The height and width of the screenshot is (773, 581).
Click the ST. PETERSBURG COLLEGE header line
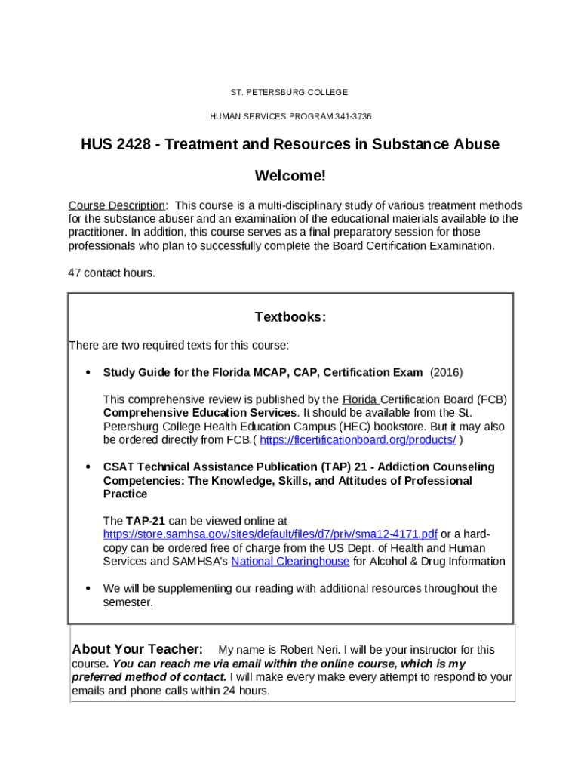click(289, 92)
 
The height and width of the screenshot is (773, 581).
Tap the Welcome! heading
click(290, 176)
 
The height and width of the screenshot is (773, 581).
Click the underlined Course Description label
click(117, 205)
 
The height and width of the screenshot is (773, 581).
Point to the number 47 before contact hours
click(75, 273)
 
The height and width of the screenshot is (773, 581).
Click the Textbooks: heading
click(290, 317)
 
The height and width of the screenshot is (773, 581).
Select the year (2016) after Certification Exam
click(446, 372)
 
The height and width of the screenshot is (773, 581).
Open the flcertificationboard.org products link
click(358, 440)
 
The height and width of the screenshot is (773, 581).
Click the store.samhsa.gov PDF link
click(270, 534)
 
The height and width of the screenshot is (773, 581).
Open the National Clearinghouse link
click(290, 562)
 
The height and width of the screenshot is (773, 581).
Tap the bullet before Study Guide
click(88, 373)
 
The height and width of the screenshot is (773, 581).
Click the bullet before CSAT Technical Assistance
click(88, 467)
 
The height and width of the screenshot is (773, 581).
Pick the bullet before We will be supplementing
click(88, 589)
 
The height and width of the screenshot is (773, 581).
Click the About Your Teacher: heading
click(137, 650)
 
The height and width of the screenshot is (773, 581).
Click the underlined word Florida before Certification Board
click(361, 399)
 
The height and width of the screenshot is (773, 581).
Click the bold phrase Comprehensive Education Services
click(199, 413)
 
